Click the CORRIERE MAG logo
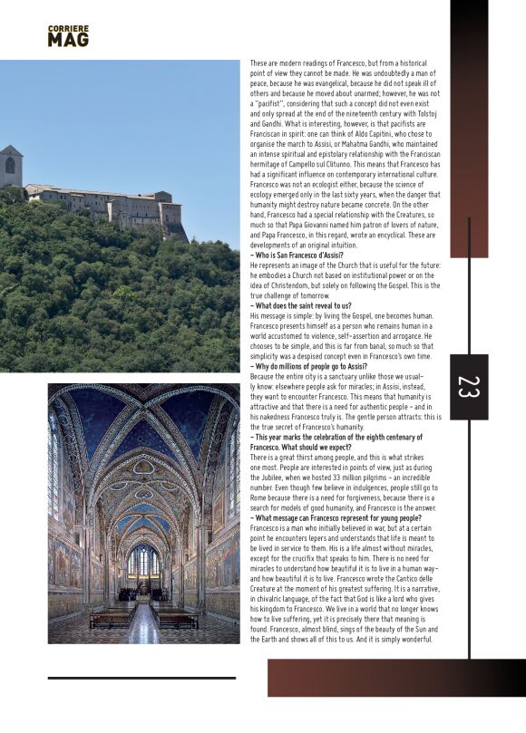pyautogui.click(x=68, y=36)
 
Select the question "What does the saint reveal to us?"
pyautogui.click(x=301, y=306)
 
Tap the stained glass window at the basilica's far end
pyautogui.click(x=143, y=561)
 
